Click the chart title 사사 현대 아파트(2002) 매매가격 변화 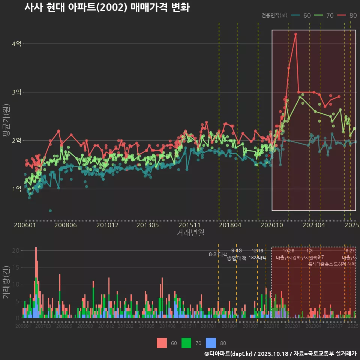(x=107, y=7)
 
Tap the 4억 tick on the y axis (x=16, y=44)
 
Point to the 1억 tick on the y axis (x=16, y=189)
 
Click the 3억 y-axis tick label (x=16, y=92)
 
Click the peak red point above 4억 (x=296, y=34)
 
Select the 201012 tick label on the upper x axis (x=108, y=225)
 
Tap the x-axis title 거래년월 (x=190, y=233)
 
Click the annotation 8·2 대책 (x=218, y=254)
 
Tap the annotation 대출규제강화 (x=288, y=258)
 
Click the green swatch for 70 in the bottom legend (x=186, y=343)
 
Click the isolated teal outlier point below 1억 (x=50, y=211)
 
